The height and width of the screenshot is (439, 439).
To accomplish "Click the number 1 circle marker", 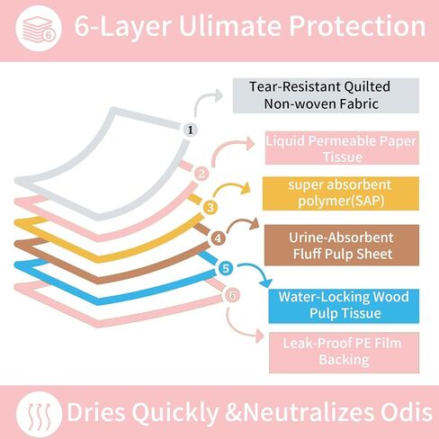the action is [x=191, y=130].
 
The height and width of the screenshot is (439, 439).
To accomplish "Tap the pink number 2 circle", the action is [x=202, y=174].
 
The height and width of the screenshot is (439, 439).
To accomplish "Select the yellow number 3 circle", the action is [x=211, y=207].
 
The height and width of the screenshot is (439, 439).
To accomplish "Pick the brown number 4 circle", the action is [x=218, y=238].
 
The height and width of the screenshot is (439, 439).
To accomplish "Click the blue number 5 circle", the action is [x=226, y=268].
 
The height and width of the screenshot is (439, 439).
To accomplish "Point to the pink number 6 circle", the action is [x=232, y=295].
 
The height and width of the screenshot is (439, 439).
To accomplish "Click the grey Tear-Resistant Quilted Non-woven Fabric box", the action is [x=326, y=95].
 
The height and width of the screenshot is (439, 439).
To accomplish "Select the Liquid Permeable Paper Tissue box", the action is [x=342, y=148].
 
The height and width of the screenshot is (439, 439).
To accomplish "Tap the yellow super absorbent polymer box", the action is [x=341, y=193].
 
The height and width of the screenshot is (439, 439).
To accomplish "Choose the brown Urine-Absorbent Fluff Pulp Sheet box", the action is [x=342, y=245].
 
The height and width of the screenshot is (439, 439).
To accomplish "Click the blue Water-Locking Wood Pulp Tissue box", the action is [x=344, y=306].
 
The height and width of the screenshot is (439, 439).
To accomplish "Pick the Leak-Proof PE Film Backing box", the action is [x=345, y=353].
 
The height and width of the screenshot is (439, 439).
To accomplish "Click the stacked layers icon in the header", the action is [x=39, y=28].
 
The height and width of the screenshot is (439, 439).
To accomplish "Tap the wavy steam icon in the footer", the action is [x=39, y=414].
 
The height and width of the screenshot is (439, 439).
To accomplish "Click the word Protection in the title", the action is [x=357, y=26].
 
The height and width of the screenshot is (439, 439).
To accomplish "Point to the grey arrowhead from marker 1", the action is [x=218, y=95].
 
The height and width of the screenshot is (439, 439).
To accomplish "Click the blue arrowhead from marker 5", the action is [x=265, y=283].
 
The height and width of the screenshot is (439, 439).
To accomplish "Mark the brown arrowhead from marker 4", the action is [x=255, y=223].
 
